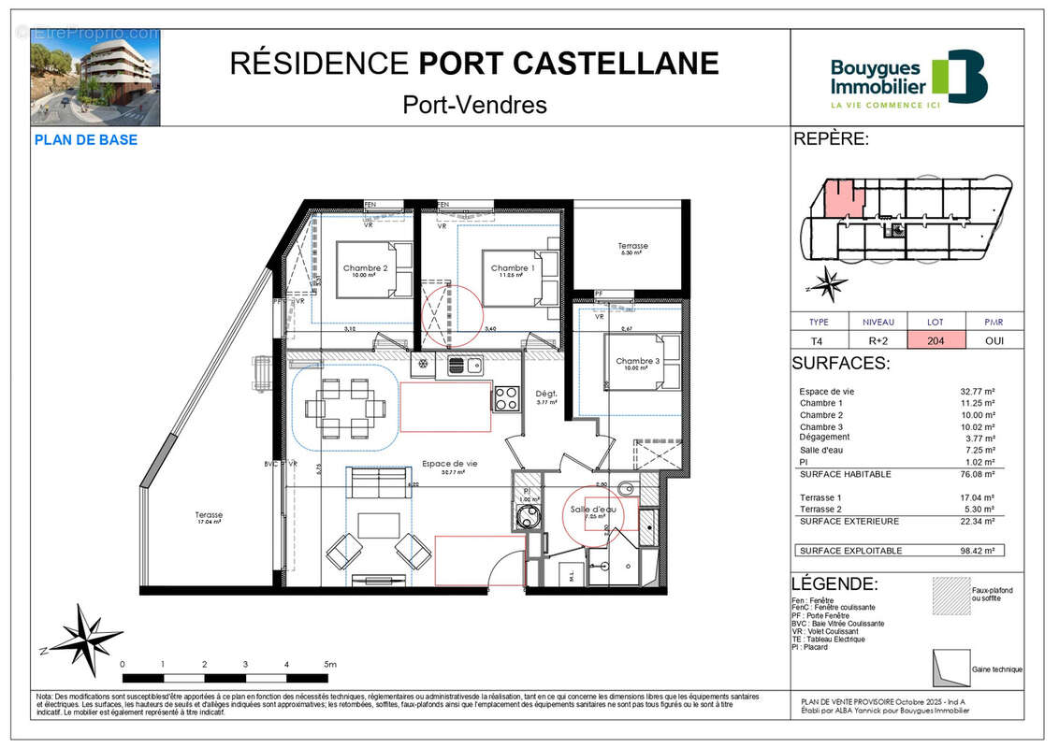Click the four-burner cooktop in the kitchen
tap(506, 398)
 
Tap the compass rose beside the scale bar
tap(85, 640)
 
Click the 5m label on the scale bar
tap(329, 664)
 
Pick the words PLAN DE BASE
tap(85, 140)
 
